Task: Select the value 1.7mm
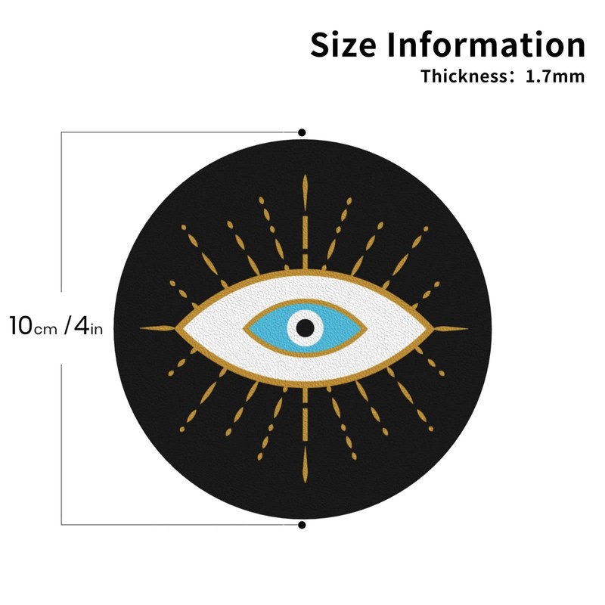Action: pos(555,76)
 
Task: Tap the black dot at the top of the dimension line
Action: pos(302,132)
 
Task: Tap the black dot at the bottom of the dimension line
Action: pos(302,524)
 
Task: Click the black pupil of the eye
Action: pos(305,327)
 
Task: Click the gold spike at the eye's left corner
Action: pos(159,327)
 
